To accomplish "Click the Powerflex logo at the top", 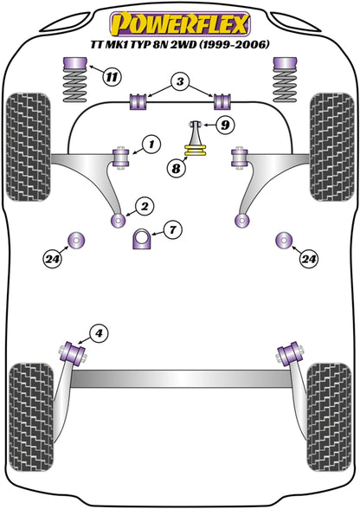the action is point(180,24).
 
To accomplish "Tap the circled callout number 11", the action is point(112,77).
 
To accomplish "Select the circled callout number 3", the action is point(180,81).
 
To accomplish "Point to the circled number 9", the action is point(225,125).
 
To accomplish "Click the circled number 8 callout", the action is point(176,168).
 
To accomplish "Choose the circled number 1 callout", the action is point(151,144).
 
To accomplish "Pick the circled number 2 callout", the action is point(145,206).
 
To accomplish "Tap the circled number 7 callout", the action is point(173,230).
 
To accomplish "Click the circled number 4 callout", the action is point(99,333).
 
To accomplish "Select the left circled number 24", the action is point(53,259).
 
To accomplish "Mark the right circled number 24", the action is point(309,259).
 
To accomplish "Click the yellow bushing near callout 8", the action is point(195,151).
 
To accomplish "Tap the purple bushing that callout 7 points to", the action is point(141,239).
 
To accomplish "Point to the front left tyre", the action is point(29,147).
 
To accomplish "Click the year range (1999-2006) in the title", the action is point(234,44).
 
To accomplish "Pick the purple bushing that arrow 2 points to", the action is point(119,221).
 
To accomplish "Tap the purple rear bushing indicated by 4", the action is point(73,352).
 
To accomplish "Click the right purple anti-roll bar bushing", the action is point(222,101).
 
